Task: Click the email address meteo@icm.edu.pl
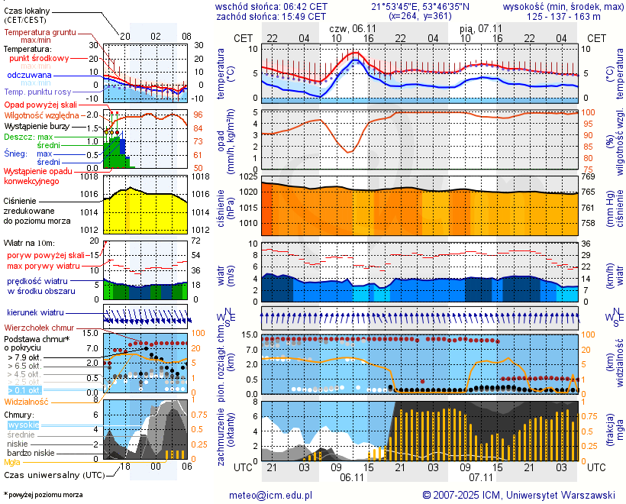(x=271, y=496)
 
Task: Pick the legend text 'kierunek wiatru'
(x=36, y=313)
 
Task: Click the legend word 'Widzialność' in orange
(x=27, y=401)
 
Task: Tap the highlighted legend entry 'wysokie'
(x=23, y=425)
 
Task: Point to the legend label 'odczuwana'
(x=29, y=76)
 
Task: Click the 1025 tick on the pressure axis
(x=247, y=177)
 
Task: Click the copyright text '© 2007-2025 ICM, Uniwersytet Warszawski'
(x=518, y=496)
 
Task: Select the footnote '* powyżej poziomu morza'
(x=43, y=495)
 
